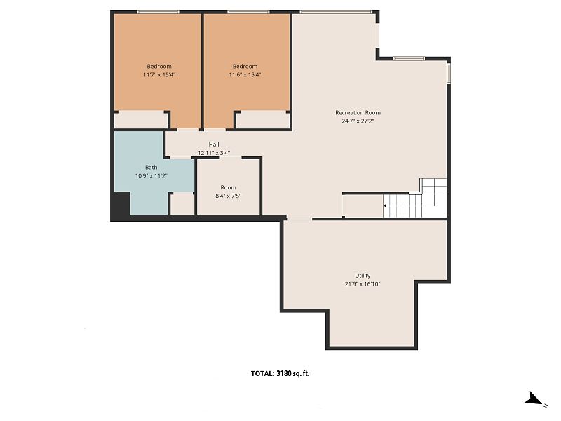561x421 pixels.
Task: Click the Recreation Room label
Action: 358,112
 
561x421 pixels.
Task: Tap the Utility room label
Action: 363,276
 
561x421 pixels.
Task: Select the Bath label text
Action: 151,167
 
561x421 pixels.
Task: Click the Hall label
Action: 214,145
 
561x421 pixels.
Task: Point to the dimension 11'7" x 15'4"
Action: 159,75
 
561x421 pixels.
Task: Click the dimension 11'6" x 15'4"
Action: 245,75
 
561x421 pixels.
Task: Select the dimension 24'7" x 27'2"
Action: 358,121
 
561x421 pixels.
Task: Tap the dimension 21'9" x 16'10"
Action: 363,284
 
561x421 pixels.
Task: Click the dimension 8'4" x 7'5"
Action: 229,196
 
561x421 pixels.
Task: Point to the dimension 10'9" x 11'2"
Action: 151,176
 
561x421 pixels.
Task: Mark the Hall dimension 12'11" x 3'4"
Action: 214,153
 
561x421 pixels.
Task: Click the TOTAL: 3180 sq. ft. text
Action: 280,373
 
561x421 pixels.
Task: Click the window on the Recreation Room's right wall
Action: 449,73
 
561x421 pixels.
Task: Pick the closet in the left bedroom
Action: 141,120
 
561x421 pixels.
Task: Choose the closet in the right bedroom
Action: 262,120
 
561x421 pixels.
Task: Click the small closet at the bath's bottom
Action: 182,204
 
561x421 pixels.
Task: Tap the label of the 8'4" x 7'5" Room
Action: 229,187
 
